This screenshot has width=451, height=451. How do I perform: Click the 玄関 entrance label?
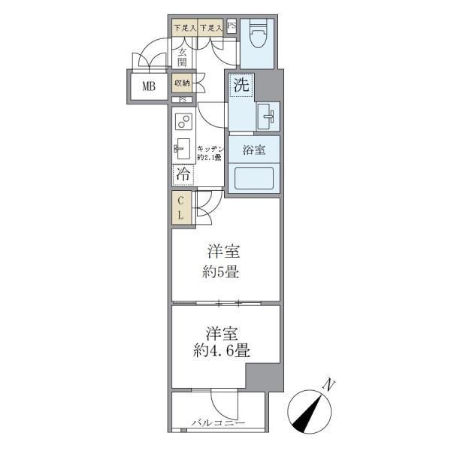pyautogui.click(x=183, y=57)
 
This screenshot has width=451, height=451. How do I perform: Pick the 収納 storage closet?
pyautogui.click(x=182, y=83)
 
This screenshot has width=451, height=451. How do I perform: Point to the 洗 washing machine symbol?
pyautogui.click(x=240, y=86)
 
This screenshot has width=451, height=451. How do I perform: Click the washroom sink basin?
pyautogui.click(x=267, y=116)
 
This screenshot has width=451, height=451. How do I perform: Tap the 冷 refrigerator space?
pyautogui.click(x=183, y=174)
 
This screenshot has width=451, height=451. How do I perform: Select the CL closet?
pyautogui.click(x=181, y=208)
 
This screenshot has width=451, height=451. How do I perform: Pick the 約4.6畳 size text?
pyautogui.click(x=222, y=350)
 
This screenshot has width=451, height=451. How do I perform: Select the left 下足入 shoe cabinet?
pyautogui.click(x=184, y=29)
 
